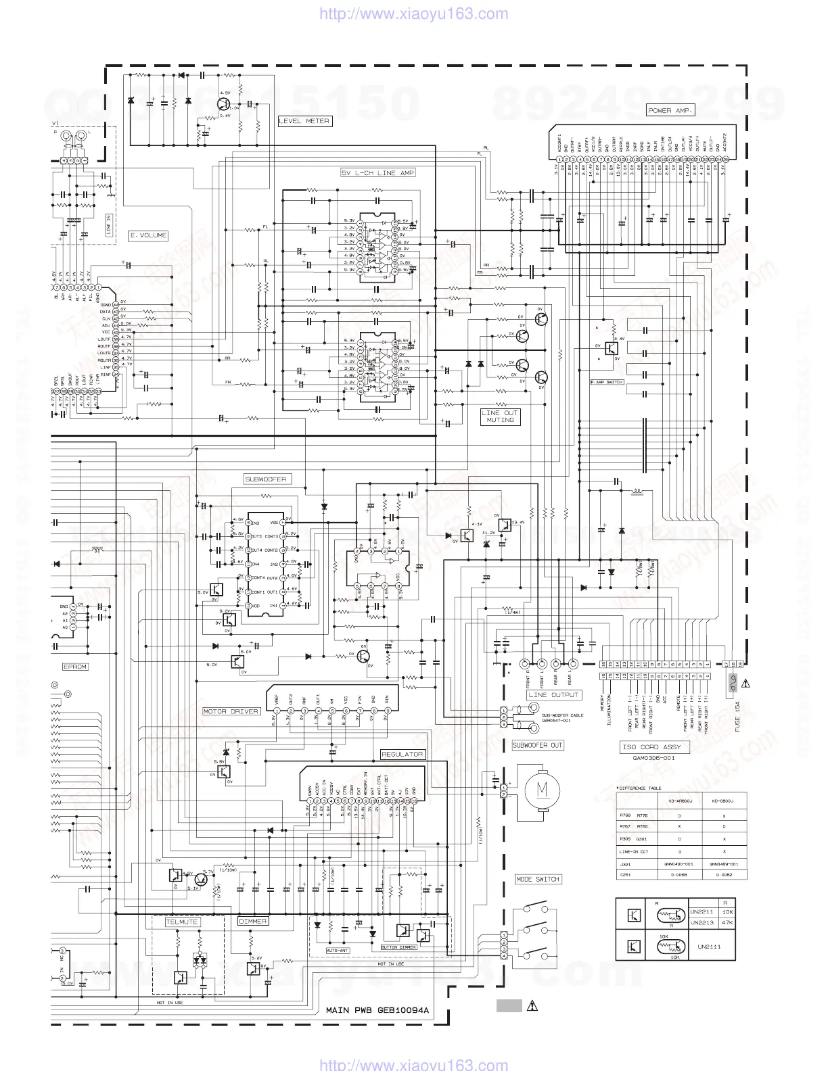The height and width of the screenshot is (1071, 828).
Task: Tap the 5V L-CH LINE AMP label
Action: tap(377, 173)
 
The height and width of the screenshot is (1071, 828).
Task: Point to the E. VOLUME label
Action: tap(148, 235)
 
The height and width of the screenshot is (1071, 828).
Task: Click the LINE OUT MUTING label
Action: tap(500, 416)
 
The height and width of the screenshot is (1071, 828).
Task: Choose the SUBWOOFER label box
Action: tap(266, 479)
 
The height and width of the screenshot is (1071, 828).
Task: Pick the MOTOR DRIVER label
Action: tap(231, 711)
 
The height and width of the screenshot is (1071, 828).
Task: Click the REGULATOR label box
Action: tap(402, 754)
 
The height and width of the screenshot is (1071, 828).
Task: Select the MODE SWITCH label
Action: tap(538, 880)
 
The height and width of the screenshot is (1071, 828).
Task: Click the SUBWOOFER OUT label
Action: tap(537, 745)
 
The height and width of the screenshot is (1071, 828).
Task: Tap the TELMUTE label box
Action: tap(182, 922)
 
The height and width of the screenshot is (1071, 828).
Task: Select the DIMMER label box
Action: tap(253, 921)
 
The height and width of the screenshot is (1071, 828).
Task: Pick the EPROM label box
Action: tap(75, 667)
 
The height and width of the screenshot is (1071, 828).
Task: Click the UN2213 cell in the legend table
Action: tap(701, 922)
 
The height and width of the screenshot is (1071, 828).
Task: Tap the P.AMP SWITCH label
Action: tap(606, 382)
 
